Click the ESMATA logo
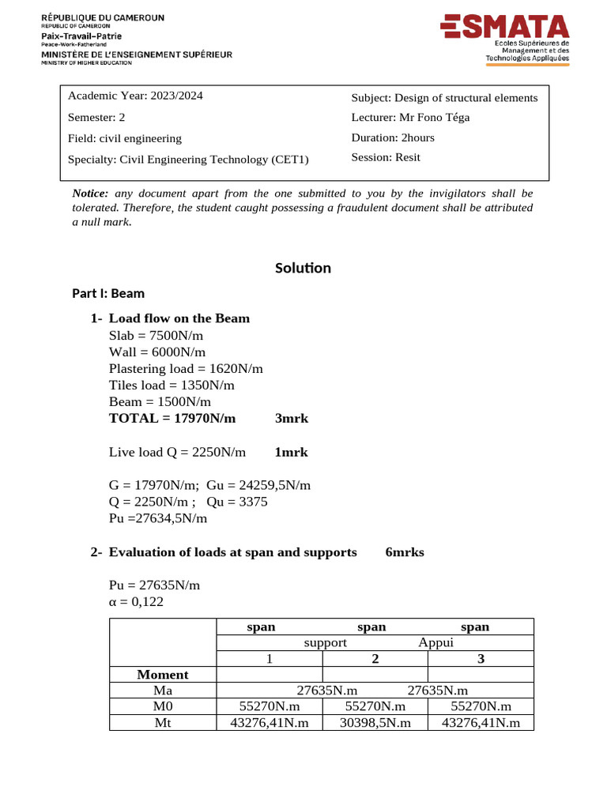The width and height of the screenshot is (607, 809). pos(504,37)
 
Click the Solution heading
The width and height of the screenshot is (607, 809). pos(303,268)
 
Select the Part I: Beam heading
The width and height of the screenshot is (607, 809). pos(108,293)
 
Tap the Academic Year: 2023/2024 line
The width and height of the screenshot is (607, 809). pos(135,96)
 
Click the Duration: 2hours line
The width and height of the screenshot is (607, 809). pos(393,137)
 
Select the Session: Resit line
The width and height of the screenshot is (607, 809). pos(386,157)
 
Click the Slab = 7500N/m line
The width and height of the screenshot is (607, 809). pos(156,335)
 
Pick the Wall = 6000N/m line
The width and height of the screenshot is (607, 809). pos(157,352)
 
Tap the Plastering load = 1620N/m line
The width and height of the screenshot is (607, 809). pos(186,368)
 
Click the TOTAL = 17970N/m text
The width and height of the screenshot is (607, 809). pos(172,418)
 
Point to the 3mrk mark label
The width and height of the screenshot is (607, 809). pos(291,418)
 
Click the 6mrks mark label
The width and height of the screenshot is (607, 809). pos(404,552)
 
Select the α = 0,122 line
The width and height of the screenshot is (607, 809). pos(137,602)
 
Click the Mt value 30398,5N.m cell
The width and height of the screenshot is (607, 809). pos(375,722)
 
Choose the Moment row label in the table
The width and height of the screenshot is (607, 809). pos(163,675)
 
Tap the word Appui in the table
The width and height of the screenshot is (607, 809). pos(435,643)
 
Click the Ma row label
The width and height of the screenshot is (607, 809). pos(163,690)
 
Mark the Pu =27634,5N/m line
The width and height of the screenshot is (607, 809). pos(158,518)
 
